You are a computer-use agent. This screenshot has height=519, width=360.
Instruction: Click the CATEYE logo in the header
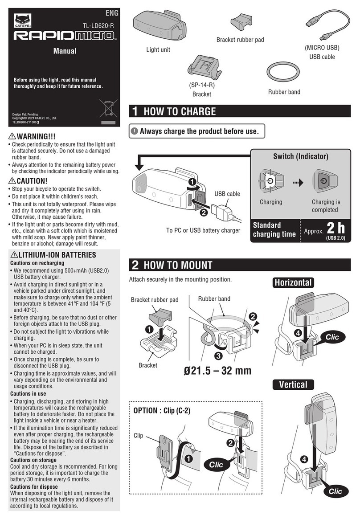21,20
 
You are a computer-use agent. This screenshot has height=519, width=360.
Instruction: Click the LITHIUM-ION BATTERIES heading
55,255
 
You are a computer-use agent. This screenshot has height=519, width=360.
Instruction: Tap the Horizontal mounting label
293,282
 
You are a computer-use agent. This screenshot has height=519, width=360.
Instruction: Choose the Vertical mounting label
293,384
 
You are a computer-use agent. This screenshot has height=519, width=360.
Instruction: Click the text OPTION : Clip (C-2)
162,410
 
